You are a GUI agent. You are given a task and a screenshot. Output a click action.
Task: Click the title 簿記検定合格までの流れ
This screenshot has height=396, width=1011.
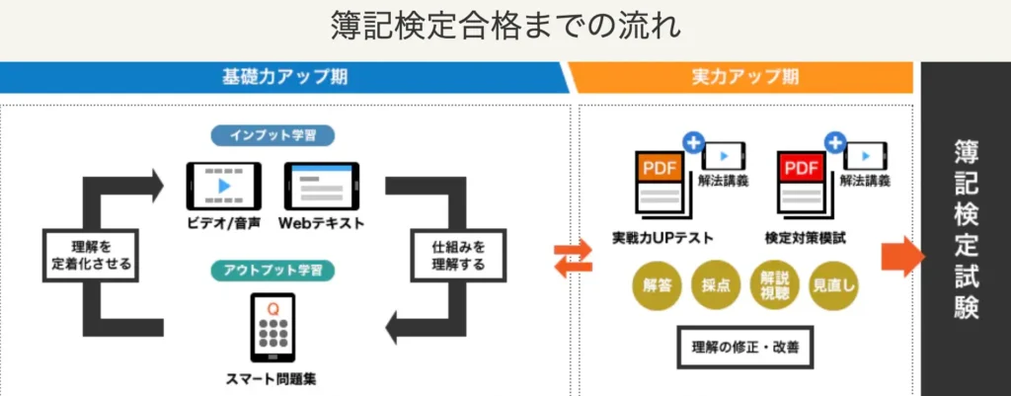[x=505, y=25]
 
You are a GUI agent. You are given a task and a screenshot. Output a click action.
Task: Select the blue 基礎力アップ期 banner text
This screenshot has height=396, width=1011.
[x=283, y=77]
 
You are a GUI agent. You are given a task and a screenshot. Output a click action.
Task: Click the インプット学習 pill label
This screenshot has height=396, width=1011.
[x=272, y=135]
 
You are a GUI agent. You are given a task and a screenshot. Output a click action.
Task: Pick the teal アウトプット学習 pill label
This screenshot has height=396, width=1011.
[x=272, y=269]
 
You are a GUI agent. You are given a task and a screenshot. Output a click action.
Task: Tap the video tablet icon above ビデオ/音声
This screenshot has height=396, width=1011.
[x=224, y=186]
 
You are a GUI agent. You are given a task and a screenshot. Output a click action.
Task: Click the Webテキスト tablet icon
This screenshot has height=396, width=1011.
[x=321, y=186]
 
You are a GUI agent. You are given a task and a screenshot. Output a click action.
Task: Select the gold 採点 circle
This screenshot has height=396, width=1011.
[x=716, y=285]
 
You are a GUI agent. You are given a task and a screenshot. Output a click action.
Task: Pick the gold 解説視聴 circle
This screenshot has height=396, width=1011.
[x=775, y=285]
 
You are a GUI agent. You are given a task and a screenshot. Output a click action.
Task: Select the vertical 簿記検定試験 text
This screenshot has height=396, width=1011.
[x=967, y=229]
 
